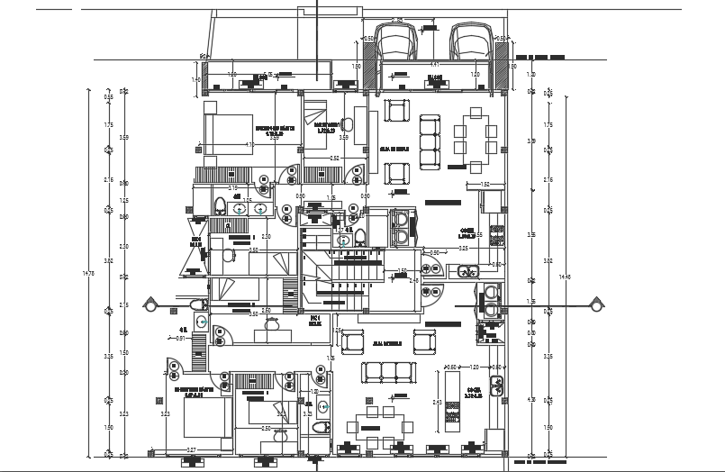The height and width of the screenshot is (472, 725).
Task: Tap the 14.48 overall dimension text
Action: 564,277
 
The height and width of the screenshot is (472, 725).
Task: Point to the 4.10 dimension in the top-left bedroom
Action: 249,144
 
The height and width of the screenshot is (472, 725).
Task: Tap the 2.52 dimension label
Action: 334,159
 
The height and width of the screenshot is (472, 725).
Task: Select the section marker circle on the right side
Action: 594,307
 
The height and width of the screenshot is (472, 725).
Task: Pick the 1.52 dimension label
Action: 484,185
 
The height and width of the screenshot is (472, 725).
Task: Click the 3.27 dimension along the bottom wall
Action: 191,449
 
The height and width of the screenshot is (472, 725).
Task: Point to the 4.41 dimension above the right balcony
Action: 435,64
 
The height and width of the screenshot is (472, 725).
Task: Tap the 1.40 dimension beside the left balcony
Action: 196,80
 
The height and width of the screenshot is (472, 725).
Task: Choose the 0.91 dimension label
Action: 180,339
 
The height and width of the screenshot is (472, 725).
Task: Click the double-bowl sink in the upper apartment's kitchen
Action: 466,269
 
